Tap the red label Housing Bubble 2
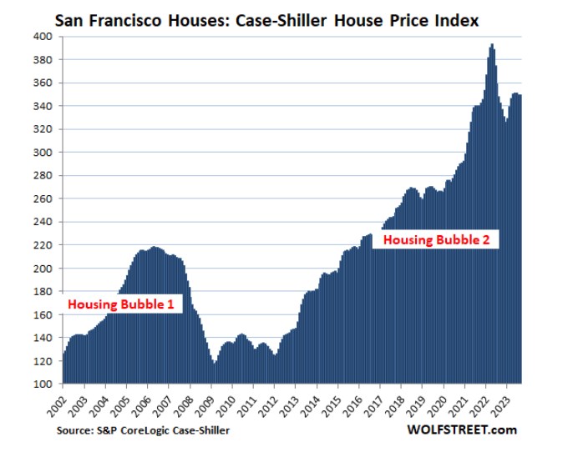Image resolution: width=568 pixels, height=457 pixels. coord(441,239)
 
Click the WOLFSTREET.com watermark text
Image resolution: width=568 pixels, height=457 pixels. coord(463,430)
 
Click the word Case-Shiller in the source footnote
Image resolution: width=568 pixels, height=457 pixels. coord(198,430)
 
